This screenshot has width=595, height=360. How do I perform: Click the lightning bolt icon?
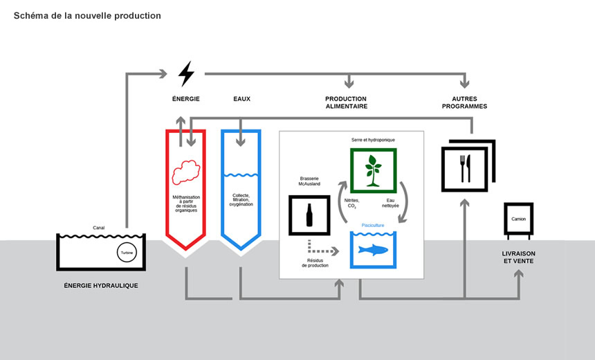point(186,73)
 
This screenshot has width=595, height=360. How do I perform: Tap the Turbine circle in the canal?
point(125,253)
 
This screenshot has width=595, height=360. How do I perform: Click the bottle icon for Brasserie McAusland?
point(309,214)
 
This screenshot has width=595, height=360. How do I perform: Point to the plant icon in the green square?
point(373,170)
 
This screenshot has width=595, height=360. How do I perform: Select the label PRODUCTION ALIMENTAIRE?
point(346,102)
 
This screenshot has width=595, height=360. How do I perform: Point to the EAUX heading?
point(241,99)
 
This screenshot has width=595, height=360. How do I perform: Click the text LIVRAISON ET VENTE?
point(518,258)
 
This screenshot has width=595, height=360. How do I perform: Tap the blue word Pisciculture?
point(373,225)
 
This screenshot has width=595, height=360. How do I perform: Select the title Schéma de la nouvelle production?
point(87,15)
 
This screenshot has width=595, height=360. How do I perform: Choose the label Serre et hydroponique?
point(373,140)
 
